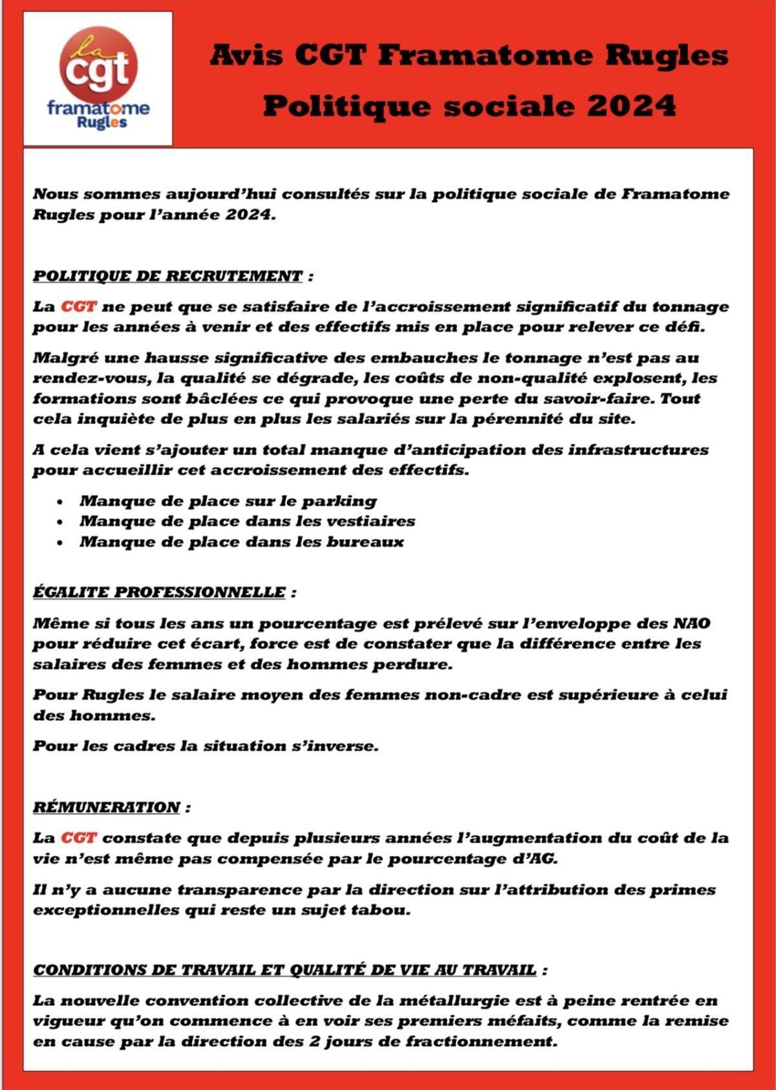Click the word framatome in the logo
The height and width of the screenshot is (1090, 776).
pos(98,108)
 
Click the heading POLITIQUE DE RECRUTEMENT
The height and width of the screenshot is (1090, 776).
pos(167,276)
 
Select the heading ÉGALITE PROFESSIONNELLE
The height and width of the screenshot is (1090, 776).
pos(159,592)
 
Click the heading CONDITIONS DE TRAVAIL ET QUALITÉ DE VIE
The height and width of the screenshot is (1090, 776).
pos(285,970)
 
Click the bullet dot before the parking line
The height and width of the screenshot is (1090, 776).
pos(60,502)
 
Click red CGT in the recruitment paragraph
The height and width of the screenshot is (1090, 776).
pos(78,306)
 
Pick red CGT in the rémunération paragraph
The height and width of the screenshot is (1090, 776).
pos(78,839)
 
